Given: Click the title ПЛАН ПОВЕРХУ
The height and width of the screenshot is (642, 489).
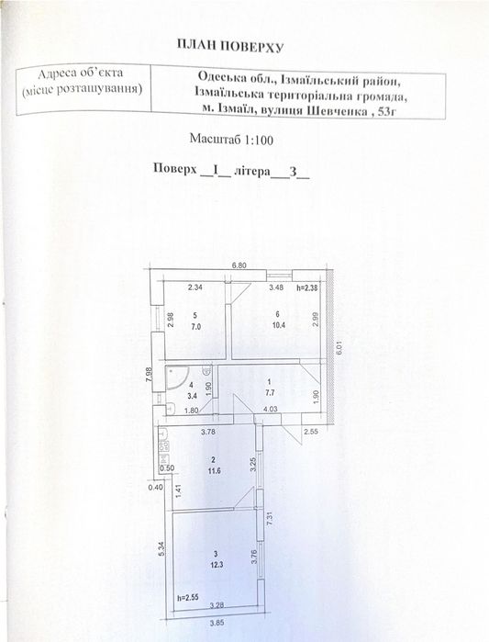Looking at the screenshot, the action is (229, 46).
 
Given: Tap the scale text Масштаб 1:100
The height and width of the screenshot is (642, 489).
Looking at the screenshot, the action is (231, 140).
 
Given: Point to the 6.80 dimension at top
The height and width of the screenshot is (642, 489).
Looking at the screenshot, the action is (239, 265).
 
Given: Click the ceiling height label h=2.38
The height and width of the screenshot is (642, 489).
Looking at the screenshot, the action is (306, 287).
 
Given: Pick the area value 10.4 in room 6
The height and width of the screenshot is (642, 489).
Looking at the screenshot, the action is (278, 324).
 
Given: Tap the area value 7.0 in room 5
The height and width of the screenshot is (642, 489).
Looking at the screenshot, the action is (195, 326).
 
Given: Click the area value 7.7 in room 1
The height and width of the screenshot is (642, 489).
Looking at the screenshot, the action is (270, 393).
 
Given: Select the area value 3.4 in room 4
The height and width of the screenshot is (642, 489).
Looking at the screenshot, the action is (191, 396).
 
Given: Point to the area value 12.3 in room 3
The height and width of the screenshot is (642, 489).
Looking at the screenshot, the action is (215, 564).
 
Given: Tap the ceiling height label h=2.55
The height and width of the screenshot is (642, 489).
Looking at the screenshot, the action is (188, 597).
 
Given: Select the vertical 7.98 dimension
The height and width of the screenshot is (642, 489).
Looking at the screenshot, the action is (150, 375).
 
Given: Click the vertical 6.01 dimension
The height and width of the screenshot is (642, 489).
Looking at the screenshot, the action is (339, 348).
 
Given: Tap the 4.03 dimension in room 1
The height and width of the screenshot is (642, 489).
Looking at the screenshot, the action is (271, 409).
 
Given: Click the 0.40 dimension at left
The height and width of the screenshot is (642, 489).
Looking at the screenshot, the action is (155, 487).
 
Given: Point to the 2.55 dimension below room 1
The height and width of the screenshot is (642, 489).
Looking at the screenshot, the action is (311, 431).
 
